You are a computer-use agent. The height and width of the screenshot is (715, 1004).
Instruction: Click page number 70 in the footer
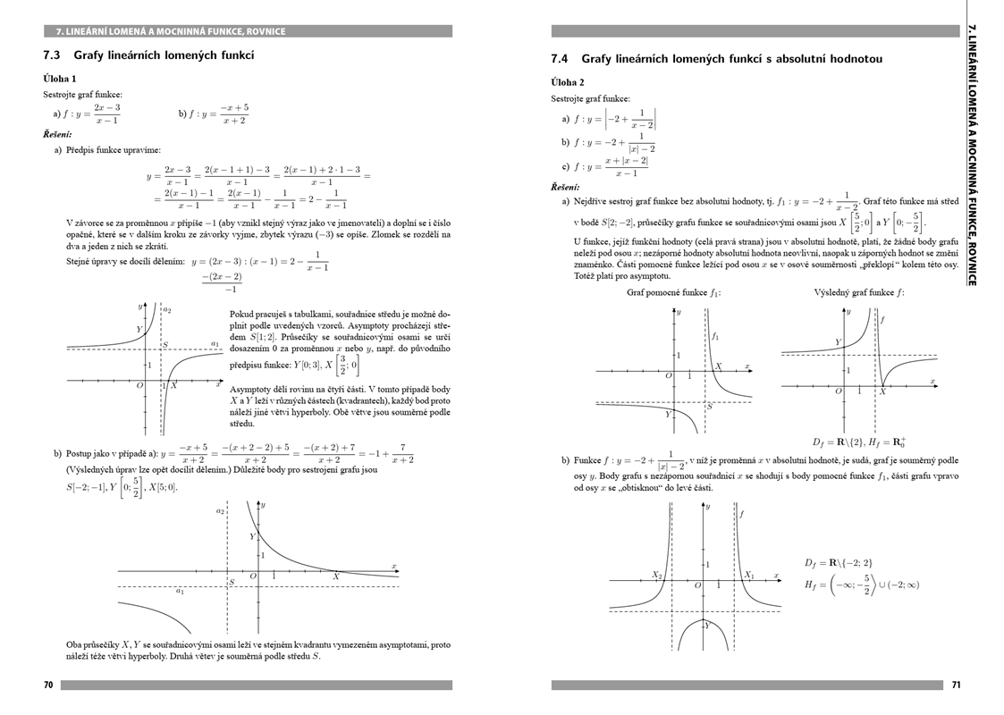[48, 686]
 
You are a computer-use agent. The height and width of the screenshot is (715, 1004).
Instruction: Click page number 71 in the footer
[956, 686]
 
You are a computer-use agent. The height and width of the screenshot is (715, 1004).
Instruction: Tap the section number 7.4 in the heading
[561, 59]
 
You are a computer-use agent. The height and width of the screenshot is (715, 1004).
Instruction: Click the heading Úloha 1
[60, 79]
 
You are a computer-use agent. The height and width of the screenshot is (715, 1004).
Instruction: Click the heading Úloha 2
[568, 82]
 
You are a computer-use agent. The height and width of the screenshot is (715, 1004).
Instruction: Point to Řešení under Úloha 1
[57, 134]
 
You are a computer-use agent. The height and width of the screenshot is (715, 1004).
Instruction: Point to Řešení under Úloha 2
[565, 187]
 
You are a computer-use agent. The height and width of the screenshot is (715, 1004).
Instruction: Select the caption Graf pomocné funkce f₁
[673, 292]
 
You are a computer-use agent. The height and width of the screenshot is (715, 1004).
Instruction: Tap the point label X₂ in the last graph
[657, 576]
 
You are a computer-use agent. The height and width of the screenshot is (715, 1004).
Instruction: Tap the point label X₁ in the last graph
[749, 576]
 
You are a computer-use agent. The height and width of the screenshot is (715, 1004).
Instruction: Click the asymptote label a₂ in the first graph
[167, 310]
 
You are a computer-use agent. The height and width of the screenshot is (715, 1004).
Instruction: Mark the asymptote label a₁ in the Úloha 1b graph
[180, 591]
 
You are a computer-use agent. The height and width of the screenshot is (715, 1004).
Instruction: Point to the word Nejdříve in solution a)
[594, 201]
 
